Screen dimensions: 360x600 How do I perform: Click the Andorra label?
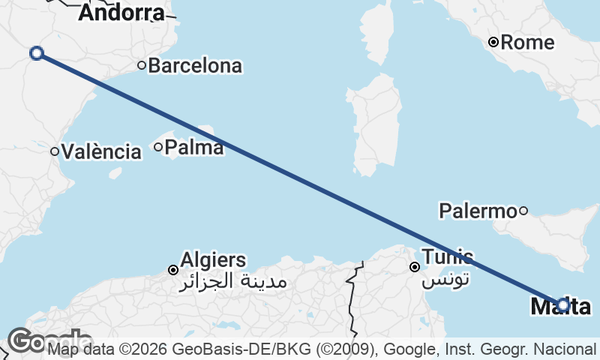[x=121, y=13]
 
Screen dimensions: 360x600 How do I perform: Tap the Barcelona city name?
[x=195, y=66]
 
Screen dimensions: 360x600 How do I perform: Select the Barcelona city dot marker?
[x=141, y=65]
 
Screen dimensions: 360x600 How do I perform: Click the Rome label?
[x=527, y=42]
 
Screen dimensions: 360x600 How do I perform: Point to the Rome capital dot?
[x=493, y=42]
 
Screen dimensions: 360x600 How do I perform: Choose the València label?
[x=102, y=151]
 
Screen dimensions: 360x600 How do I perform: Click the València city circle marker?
[x=55, y=151]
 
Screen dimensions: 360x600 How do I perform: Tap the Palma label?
[x=193, y=147]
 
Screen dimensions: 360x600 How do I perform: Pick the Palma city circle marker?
[x=158, y=147]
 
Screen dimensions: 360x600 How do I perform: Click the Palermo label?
[x=478, y=211]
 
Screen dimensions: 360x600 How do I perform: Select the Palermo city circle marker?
[x=523, y=211]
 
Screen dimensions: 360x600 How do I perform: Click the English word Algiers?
[x=213, y=260]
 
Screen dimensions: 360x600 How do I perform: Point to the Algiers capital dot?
[x=173, y=270]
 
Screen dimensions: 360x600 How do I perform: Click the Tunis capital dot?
[x=414, y=267]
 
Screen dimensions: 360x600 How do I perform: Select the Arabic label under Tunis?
[x=445, y=280]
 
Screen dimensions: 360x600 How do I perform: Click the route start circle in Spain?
[x=36, y=52]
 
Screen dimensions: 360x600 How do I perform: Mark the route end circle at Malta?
[x=563, y=304]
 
